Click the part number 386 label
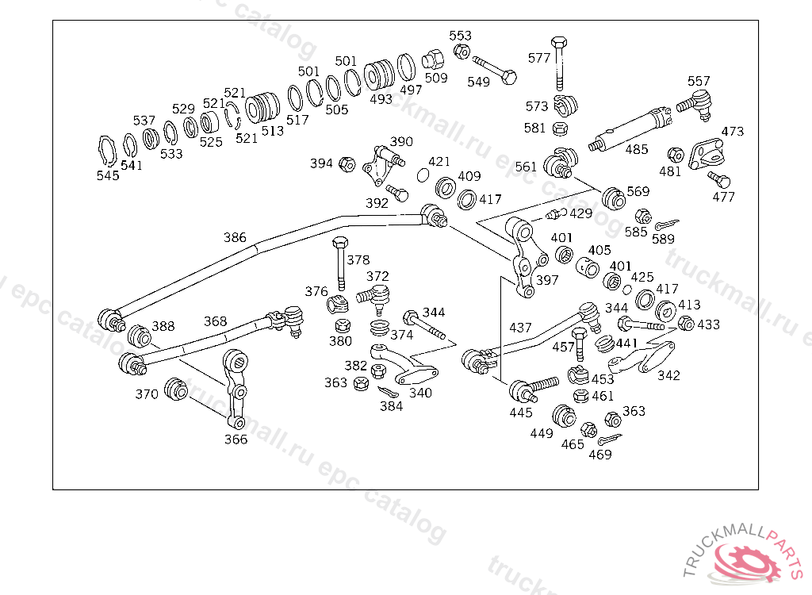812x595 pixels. [235, 237]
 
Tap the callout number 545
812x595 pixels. [108, 175]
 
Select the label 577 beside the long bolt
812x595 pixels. [539, 58]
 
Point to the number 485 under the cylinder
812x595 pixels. [637, 149]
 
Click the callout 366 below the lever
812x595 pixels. [236, 440]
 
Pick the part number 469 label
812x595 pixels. [600, 455]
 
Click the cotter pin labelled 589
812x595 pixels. [666, 224]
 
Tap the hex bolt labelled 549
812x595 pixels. [495, 71]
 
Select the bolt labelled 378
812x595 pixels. [339, 263]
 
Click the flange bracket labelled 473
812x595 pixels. [706, 153]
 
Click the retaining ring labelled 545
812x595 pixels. [107, 152]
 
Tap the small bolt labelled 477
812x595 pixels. [719, 179]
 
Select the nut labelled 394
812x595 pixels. [347, 164]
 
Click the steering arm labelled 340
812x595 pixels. [404, 363]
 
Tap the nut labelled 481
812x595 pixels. [676, 155]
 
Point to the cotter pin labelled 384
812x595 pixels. [388, 392]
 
